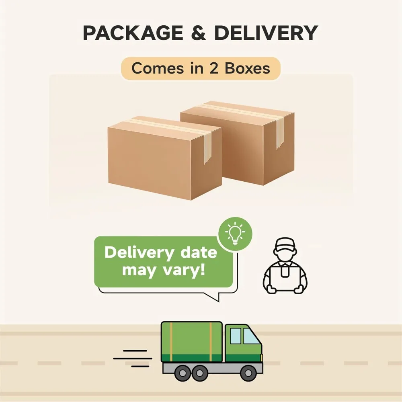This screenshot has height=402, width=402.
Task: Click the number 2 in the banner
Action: [x=213, y=68]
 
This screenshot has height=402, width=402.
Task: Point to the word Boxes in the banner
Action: [x=247, y=68]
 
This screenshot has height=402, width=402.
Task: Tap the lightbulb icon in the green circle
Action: [x=235, y=234]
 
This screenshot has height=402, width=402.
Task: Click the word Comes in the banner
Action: [x=155, y=68]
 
